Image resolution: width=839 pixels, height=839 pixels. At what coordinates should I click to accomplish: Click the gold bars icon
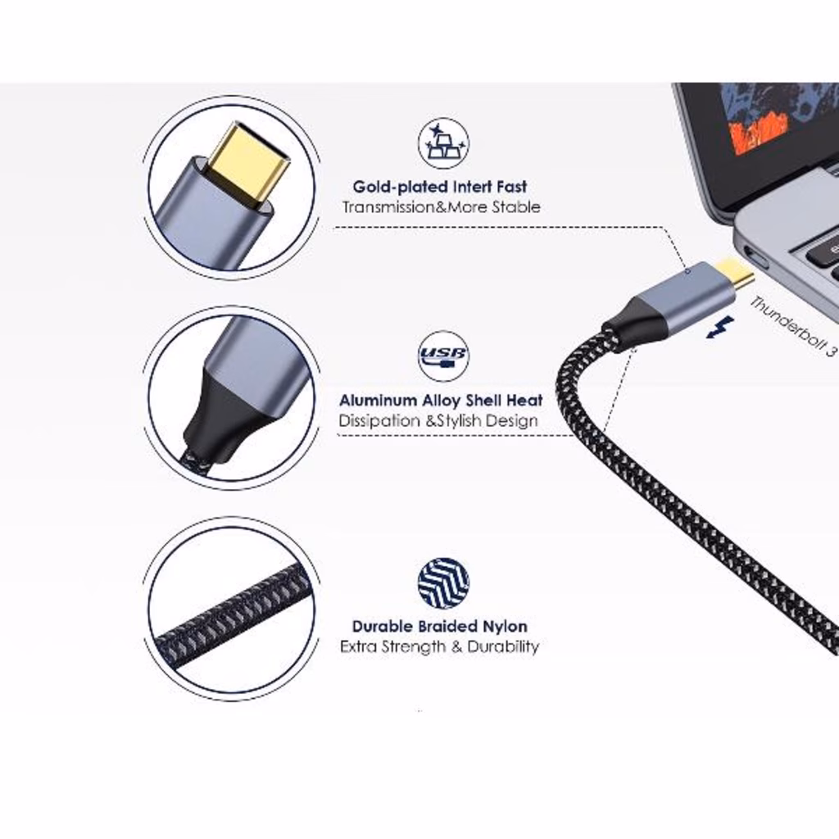pos(443,143)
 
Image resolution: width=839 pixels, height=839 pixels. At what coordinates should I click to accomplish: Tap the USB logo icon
pos(443,356)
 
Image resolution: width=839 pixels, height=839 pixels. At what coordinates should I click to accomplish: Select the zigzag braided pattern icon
pos(443,583)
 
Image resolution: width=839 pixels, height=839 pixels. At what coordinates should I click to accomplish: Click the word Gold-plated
pos(401,188)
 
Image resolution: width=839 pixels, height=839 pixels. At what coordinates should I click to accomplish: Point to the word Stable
pos(516,207)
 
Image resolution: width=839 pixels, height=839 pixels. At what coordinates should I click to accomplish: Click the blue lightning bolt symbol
pos(719,327)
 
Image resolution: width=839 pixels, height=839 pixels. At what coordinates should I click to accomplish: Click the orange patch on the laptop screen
pos(759,132)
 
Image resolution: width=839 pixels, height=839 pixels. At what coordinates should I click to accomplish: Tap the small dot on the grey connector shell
pos(688,271)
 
